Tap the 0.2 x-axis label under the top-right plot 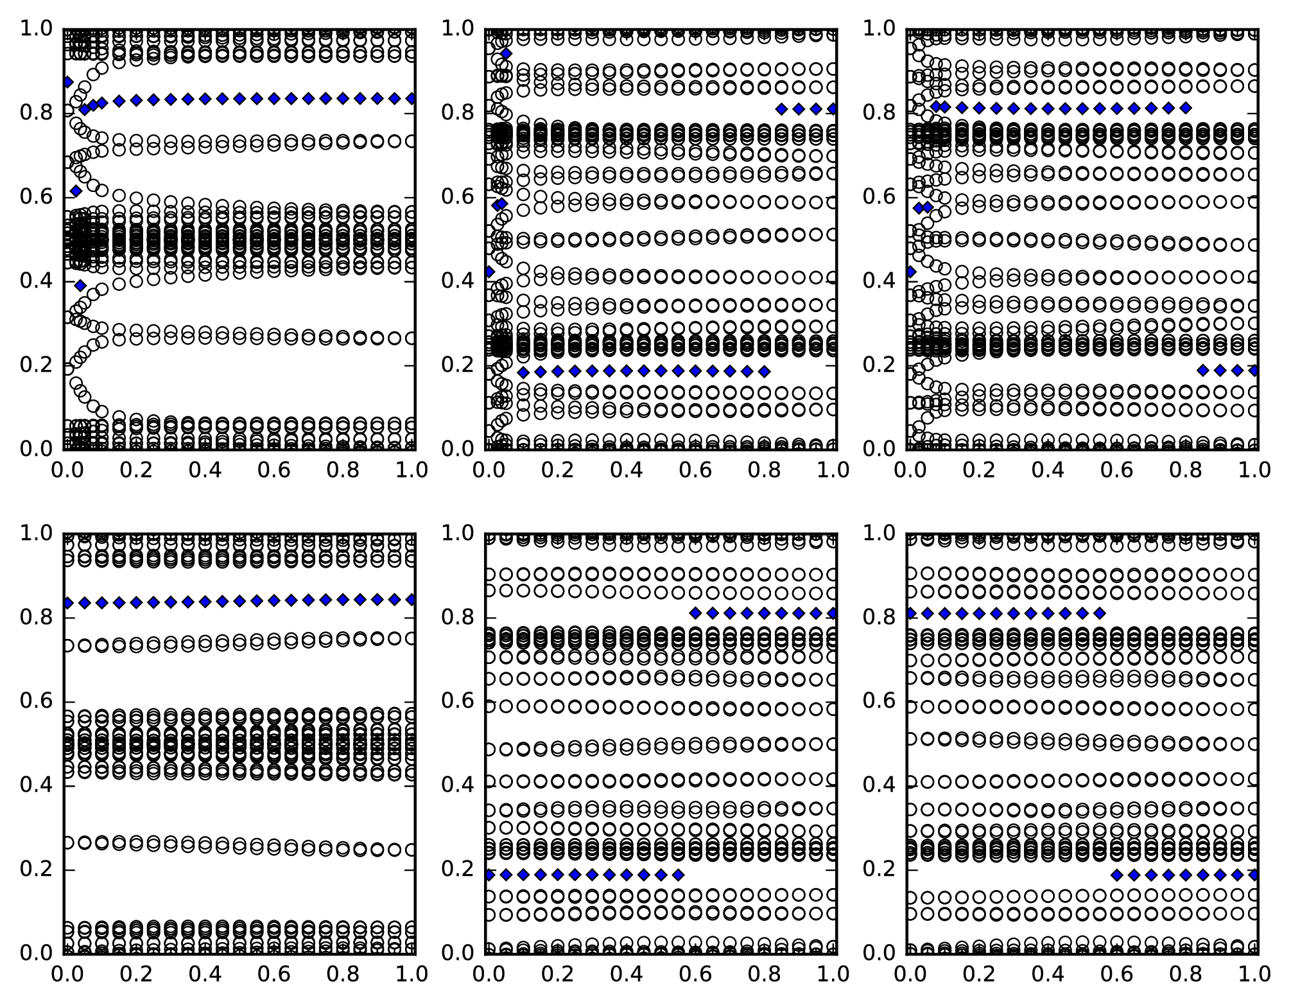click(978, 470)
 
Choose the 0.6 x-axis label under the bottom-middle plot click(696, 974)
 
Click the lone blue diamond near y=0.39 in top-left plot click(80, 285)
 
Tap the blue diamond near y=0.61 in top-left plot click(76, 191)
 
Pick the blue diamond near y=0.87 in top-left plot click(67, 82)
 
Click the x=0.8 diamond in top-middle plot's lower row click(764, 371)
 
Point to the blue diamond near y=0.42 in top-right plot click(910, 272)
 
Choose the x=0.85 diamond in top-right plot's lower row click(1203, 370)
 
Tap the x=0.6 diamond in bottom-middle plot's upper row click(695, 613)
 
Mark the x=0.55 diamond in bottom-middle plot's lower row click(678, 875)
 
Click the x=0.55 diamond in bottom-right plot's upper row click(1099, 613)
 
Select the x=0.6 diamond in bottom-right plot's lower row click(1116, 875)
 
